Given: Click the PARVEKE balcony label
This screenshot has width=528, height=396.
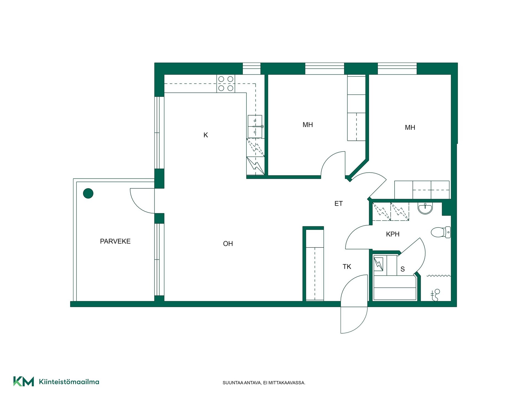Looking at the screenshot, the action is click(115, 241).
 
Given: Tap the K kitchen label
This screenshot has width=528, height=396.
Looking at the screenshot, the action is click(206, 135).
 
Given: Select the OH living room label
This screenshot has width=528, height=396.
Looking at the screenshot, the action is click(228, 244).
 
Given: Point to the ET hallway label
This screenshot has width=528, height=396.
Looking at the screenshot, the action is click(339, 204).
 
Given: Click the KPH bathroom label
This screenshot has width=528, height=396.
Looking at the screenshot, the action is click(393, 234).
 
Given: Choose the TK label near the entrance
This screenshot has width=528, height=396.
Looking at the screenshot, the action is click(347, 266).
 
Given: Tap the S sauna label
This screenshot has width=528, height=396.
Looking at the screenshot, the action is click(403, 269).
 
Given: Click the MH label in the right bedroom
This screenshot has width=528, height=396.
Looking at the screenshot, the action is click(410, 128).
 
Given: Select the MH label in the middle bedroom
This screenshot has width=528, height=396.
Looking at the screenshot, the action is click(308, 125).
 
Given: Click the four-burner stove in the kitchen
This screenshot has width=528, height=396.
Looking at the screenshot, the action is click(226, 84).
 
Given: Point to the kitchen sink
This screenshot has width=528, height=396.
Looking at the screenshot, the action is click(255, 127).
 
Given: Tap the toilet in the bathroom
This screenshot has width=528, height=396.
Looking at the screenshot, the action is click(441, 232).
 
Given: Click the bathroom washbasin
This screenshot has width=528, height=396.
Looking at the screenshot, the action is click(425, 208).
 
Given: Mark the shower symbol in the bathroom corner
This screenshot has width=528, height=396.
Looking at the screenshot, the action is click(435, 295).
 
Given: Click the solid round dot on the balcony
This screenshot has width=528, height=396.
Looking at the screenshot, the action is click(88, 193).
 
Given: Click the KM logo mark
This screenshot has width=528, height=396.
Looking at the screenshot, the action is click(24, 381).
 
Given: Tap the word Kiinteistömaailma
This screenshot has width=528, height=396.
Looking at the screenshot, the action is click(69, 382).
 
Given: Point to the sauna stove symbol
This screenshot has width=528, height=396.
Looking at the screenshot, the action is click(378, 264).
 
